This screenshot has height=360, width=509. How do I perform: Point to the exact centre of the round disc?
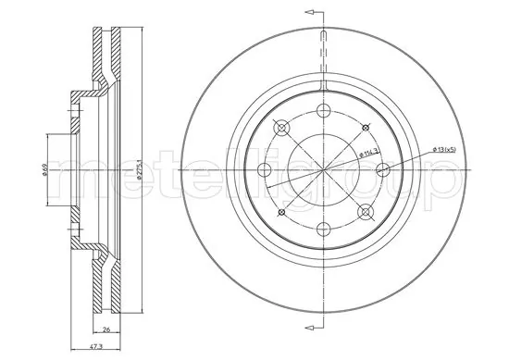pyautogui.click(x=322, y=170)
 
